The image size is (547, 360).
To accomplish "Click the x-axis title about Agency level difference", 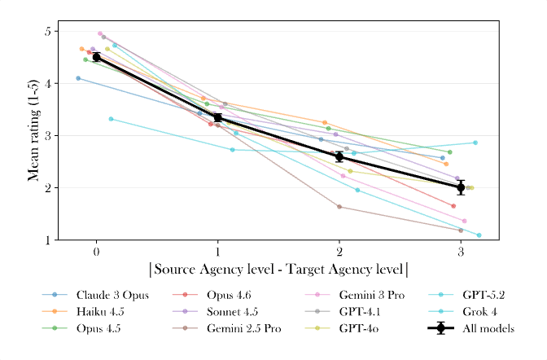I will pos(278,269).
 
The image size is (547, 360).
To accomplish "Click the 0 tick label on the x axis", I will pos(96,252).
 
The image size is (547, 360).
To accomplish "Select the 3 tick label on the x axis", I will pos(461,252).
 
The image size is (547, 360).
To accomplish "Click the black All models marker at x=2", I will pos(339,156).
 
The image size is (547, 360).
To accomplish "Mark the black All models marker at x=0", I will pos(96,57).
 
